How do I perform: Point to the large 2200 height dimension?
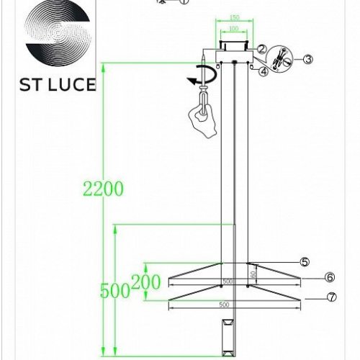(x=103, y=189)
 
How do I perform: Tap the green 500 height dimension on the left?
(x=114, y=291)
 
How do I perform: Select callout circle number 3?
(x=307, y=58)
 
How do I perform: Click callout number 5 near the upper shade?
(x=305, y=261)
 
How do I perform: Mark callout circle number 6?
(x=329, y=277)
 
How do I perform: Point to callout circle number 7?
(x=330, y=297)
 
